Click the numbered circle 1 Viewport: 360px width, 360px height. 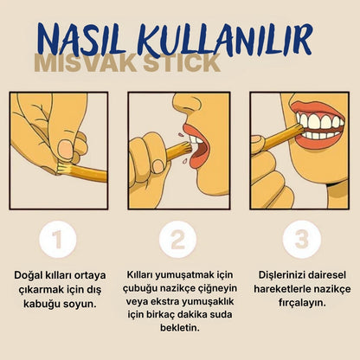click(x=58, y=240)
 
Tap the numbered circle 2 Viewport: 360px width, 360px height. click(x=179, y=240)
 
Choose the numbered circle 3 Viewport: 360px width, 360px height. click(x=300, y=240)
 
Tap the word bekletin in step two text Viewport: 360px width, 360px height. click(x=179, y=329)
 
